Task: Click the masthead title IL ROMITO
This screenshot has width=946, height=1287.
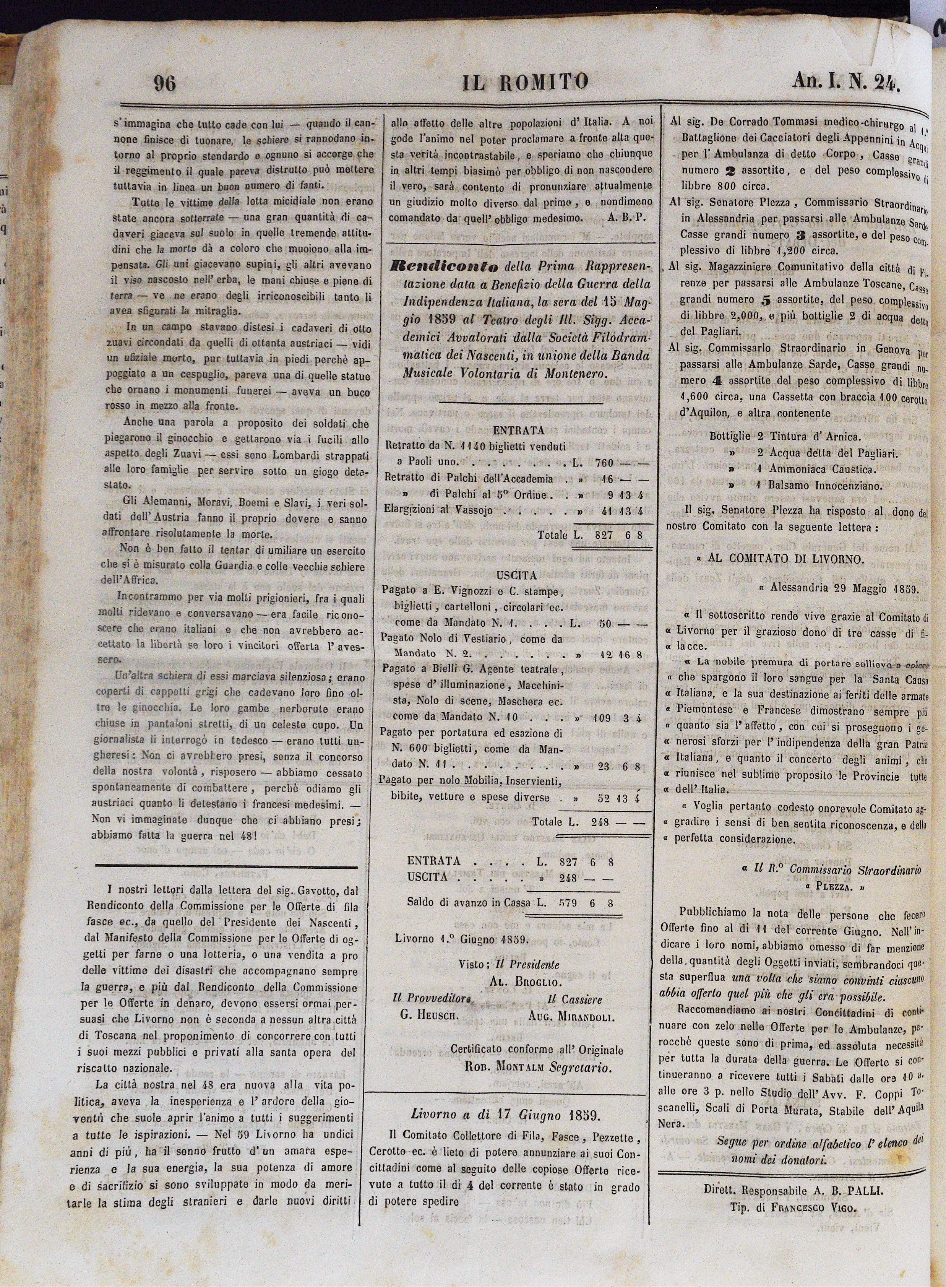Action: (525, 82)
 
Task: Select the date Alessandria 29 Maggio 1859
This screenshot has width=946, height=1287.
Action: (844, 588)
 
